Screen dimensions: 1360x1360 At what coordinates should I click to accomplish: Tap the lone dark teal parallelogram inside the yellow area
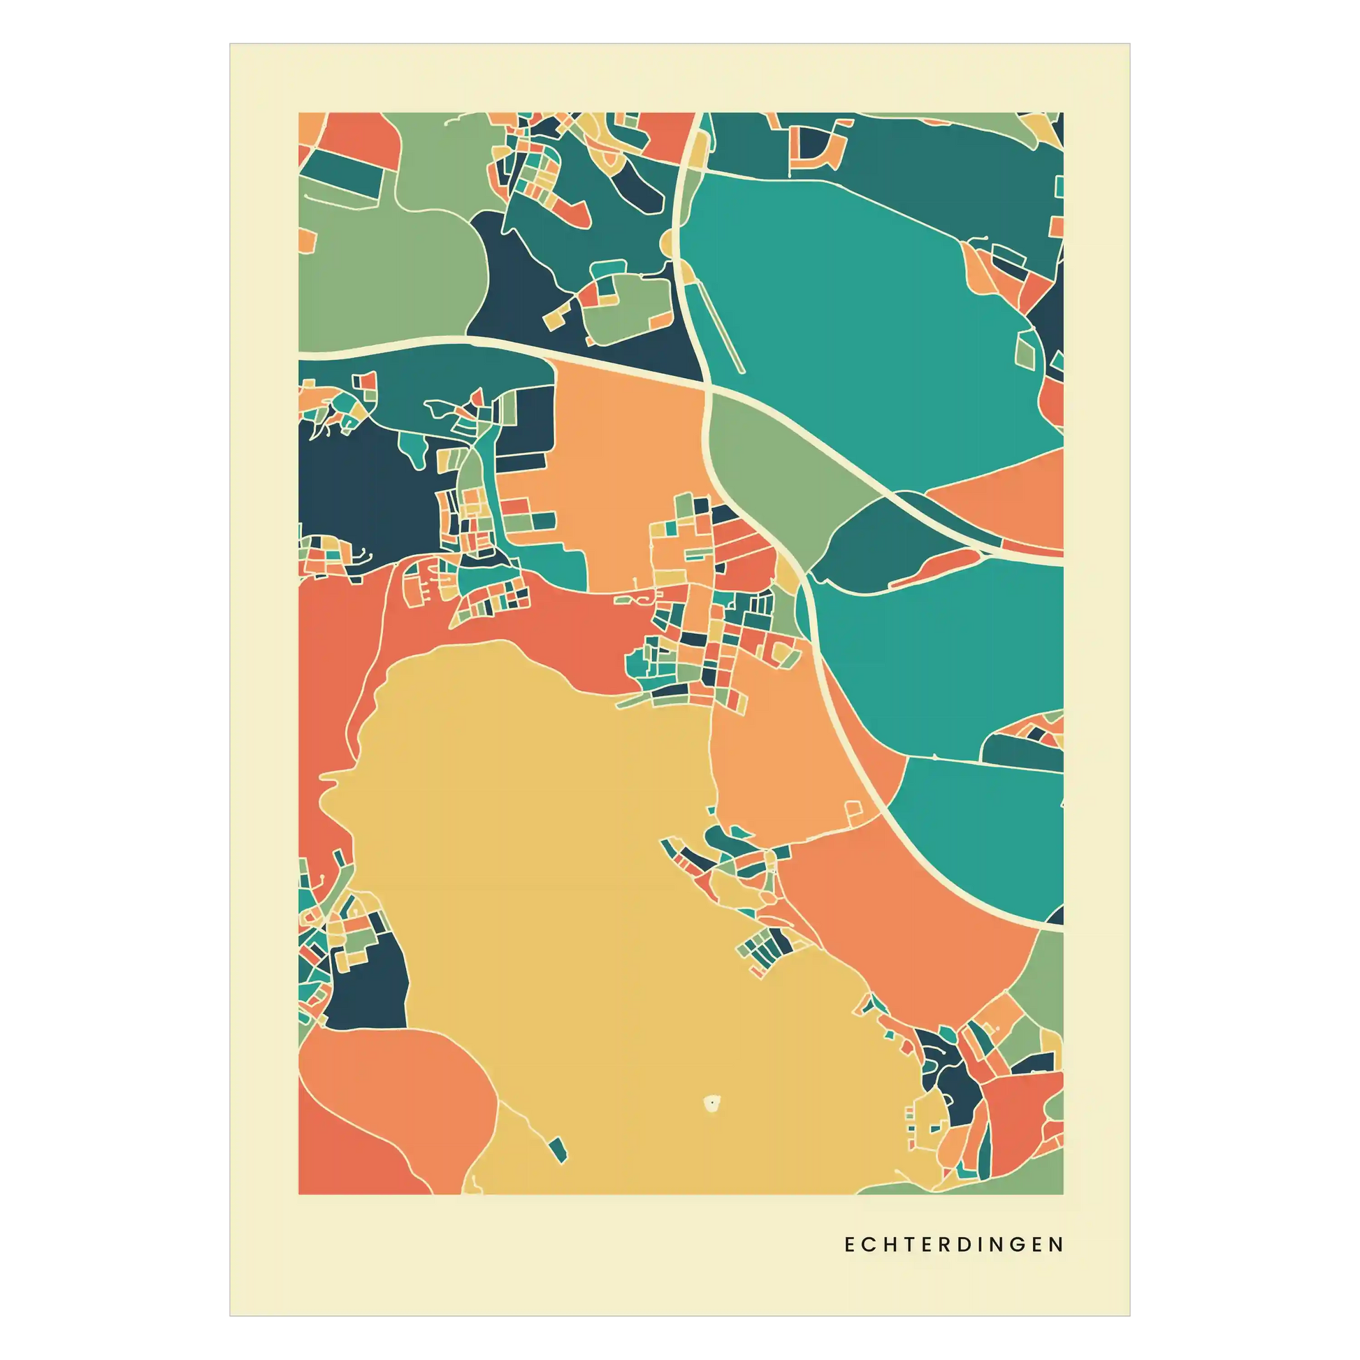pyautogui.click(x=558, y=1150)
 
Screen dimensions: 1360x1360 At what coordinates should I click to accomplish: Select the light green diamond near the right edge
pyautogui.click(x=1027, y=349)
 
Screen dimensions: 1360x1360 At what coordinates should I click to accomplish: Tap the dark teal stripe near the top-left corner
pyautogui.click(x=342, y=169)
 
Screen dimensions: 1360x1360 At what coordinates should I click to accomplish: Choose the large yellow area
pyautogui.click(x=563, y=880)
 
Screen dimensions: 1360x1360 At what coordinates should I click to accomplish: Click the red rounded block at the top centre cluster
pyautogui.click(x=572, y=212)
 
